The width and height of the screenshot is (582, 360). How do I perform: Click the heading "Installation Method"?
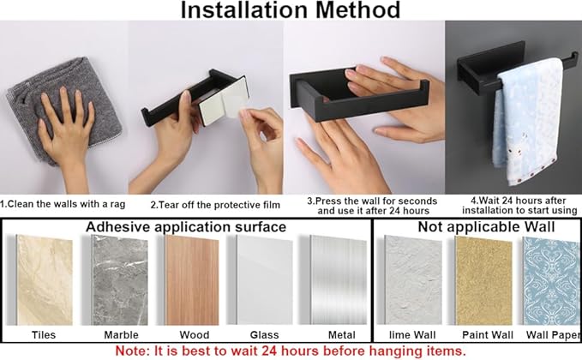pos(291,9)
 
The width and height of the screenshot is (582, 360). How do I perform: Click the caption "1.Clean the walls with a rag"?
pos(63,204)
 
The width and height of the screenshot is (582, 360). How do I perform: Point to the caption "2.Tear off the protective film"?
pos(215,205)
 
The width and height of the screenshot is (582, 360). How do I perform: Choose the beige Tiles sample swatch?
pos(45,280)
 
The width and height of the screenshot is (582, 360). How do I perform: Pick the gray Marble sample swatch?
pos(120,280)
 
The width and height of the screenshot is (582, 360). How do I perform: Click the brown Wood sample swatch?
pos(192,280)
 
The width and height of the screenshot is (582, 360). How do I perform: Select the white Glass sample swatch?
pos(265,280)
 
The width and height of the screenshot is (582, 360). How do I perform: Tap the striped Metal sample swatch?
pos(339,280)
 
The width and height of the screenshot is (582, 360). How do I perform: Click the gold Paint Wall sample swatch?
pos(483,281)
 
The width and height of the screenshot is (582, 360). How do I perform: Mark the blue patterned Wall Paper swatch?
pos(552,281)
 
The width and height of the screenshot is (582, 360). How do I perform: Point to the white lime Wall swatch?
pos(413,280)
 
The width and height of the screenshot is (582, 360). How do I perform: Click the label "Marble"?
pos(121,335)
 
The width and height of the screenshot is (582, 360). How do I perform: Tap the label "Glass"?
pos(264,335)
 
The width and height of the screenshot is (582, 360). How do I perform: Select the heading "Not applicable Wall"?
pos(486,227)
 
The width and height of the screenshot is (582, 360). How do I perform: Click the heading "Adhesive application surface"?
pos(186,227)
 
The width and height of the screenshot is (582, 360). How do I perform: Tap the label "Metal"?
pos(341,335)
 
